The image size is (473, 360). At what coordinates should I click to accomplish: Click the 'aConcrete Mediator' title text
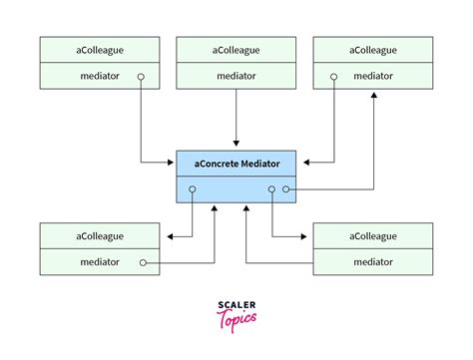coord(236,163)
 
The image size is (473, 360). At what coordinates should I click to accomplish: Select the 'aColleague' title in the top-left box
coord(99,49)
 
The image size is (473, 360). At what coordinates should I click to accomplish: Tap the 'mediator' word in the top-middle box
coord(236,75)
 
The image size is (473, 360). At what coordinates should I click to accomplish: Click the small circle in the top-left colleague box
coord(143,76)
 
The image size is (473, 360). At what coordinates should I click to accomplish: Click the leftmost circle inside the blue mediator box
coord(193,188)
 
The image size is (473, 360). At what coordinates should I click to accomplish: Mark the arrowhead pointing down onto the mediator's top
coord(236,146)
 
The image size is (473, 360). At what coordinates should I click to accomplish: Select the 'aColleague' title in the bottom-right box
coord(373,236)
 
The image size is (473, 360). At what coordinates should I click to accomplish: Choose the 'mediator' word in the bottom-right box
coord(373,262)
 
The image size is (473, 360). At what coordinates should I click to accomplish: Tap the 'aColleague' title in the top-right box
coord(373,49)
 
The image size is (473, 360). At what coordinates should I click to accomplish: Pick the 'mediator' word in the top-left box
coord(99,75)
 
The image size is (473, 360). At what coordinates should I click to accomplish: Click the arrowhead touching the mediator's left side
coord(171,161)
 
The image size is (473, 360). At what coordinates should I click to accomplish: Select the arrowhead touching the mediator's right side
coord(301,161)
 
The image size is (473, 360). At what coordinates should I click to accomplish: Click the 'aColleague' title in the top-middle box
coord(236,49)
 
